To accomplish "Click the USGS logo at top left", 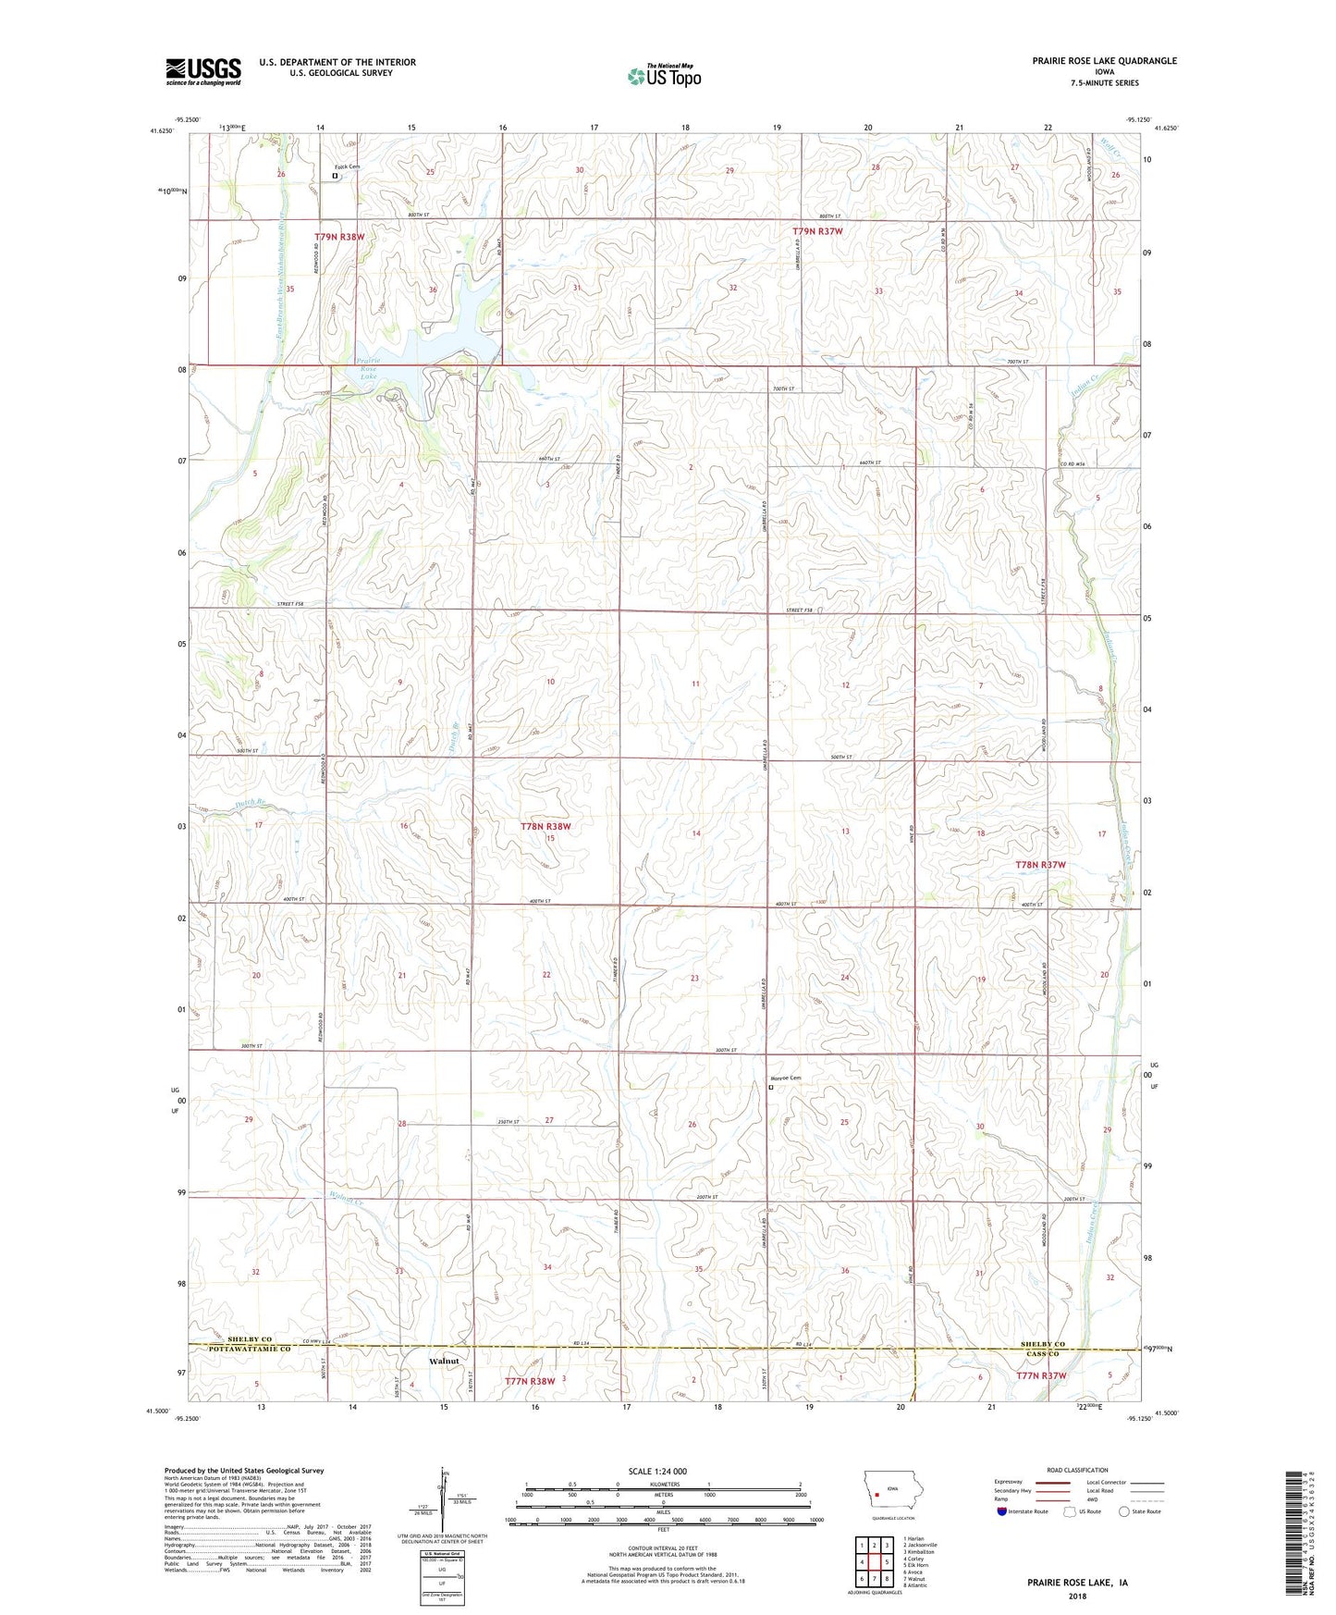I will (x=203, y=71).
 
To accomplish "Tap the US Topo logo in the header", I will (x=663, y=76).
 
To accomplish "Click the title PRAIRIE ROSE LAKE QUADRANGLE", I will (x=1104, y=61).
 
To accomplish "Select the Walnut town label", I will (x=444, y=1362).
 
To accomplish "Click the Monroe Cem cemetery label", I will (x=786, y=1079).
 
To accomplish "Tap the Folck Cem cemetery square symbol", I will (x=335, y=175).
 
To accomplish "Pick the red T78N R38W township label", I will (x=545, y=826).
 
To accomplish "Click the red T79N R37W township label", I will (x=817, y=231).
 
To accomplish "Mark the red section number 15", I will (x=550, y=838).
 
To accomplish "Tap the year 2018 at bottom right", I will (x=1077, y=1596).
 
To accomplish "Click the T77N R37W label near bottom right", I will (x=1041, y=1375).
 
